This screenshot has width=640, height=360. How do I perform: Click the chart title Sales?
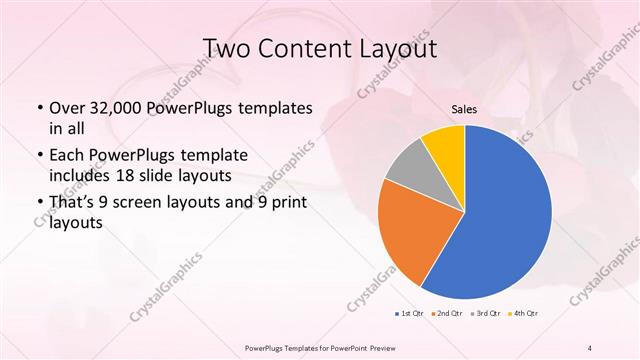pyautogui.click(x=464, y=109)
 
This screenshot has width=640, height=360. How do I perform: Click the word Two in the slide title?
pyautogui.click(x=227, y=48)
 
